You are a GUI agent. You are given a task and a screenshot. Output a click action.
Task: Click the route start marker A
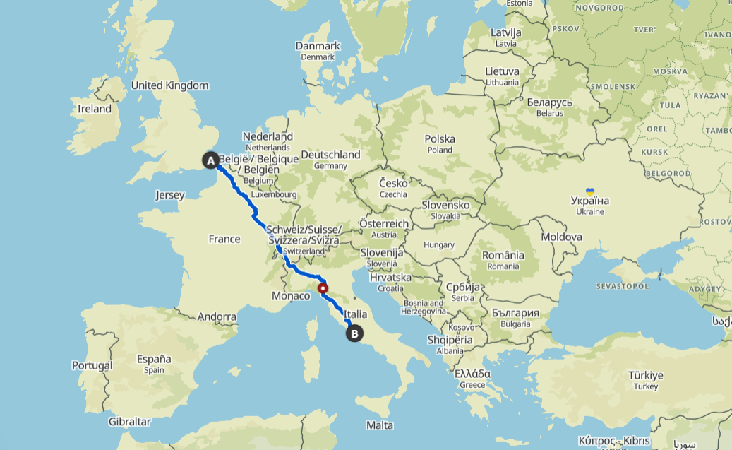[210, 160]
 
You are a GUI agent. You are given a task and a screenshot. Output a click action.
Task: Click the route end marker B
[355, 333]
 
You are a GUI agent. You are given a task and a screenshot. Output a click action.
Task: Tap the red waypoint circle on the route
[323, 288]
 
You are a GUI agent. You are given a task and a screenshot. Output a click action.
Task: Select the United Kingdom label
[170, 85]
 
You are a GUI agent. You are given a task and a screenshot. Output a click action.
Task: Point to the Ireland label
[95, 109]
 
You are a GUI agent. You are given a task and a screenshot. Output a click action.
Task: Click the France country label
[224, 239]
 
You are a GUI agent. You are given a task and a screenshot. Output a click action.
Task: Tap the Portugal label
[92, 365]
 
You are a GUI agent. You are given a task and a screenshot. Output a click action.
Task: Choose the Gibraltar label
[130, 422]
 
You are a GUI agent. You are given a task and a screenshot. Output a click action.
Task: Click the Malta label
[380, 425]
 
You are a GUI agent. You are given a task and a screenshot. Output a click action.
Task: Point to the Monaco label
[291, 296]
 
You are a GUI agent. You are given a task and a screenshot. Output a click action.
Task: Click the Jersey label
[169, 195]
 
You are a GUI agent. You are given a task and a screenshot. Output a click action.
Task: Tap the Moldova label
[562, 237]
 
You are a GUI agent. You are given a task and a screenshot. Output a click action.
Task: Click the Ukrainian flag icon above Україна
[590, 191]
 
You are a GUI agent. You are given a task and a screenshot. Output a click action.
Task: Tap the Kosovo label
[461, 327]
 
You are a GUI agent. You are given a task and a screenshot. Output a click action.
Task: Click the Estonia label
[519, 4]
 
